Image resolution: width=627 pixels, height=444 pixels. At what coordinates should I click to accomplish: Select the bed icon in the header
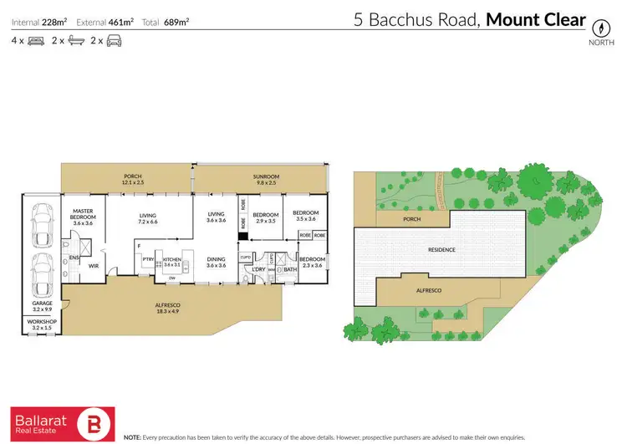(x=34, y=40)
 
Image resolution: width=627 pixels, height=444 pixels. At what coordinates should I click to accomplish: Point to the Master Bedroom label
(x=82, y=215)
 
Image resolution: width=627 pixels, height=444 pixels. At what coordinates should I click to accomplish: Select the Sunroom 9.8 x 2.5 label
(x=266, y=180)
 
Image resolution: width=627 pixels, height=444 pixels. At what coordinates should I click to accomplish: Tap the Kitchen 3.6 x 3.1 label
(x=172, y=262)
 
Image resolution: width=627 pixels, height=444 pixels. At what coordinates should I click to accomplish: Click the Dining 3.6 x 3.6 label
(x=217, y=262)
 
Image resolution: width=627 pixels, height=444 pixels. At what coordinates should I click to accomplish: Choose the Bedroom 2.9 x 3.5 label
(x=265, y=217)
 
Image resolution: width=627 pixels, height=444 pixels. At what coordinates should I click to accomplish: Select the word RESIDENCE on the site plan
(x=442, y=249)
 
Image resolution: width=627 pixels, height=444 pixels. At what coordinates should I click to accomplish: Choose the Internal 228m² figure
(x=38, y=20)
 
